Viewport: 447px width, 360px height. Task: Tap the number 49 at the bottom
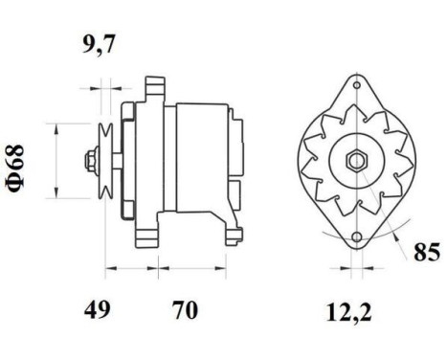[98, 308]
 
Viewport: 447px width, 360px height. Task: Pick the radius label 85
[427, 254]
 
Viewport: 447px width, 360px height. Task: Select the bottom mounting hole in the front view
[355, 236]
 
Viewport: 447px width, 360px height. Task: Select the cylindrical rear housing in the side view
[196, 158]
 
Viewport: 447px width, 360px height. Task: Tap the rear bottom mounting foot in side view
[230, 230]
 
